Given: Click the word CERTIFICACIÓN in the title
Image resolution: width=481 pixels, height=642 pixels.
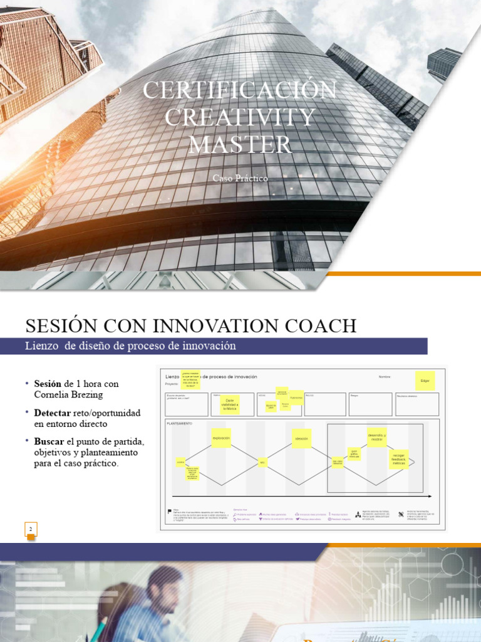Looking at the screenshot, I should coord(240,90).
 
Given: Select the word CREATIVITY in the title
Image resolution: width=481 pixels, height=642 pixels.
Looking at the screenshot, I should coord(240,117).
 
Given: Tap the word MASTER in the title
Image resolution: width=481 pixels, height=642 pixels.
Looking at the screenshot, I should coord(240,145).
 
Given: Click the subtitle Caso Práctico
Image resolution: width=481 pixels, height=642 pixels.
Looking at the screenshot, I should coord(240,178).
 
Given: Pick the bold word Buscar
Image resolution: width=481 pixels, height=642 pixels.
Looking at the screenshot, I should coord(49,443).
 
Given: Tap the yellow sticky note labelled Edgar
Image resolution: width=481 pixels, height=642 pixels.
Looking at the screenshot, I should coord(425,381).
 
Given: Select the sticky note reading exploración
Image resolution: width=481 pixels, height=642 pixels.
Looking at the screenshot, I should coord(221,438).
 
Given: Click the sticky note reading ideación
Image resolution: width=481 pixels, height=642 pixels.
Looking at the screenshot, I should coord(301,438).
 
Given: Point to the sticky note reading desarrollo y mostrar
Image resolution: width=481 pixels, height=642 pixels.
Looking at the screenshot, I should coord(376,437).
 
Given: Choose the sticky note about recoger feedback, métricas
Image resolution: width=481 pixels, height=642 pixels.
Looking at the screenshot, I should coord(398,458).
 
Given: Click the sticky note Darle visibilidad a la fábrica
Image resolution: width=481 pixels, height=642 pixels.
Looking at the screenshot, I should coord(233,404).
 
